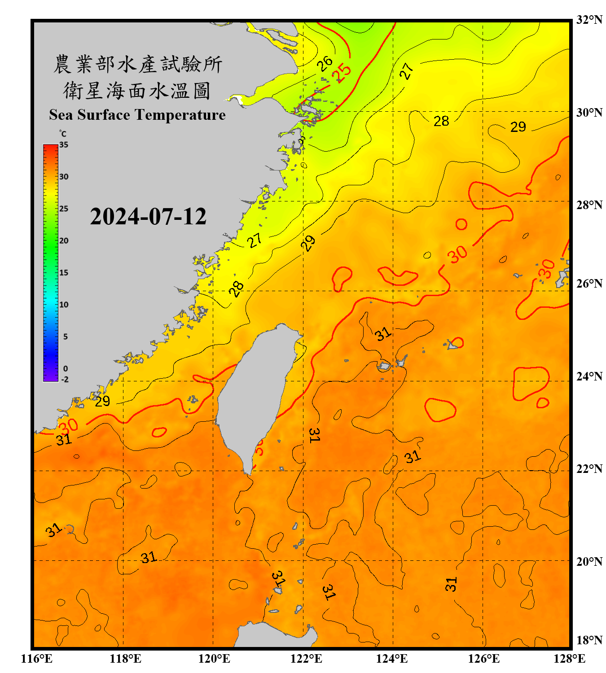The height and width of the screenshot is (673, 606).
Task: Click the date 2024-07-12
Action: pos(148,217)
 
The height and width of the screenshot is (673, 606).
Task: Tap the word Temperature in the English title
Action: pos(179,115)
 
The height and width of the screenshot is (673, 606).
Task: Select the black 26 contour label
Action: pos(324,63)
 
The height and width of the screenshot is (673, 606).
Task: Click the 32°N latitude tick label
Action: pos(589,20)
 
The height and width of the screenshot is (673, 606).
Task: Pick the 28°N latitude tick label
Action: pos(589,205)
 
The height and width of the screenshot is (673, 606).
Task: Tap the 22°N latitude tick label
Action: pos(589,469)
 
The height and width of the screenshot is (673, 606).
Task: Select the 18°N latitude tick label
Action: pos(589,640)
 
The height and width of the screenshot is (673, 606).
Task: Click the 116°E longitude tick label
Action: pos(37,659)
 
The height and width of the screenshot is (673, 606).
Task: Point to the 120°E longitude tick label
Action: pos(214,659)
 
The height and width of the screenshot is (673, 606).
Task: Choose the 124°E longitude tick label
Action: pos(392,659)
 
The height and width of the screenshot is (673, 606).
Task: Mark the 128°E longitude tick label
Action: pos(569,659)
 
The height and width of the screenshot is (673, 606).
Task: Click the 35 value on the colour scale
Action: pos(64,145)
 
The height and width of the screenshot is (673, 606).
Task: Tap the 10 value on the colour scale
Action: pos(64,305)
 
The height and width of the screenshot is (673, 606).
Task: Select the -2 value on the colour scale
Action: pos(65,379)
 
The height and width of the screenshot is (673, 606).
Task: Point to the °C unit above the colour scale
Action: pos(62,134)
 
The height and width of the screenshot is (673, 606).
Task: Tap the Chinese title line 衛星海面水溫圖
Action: pos(137,91)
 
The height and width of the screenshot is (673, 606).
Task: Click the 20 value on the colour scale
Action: pos(64,241)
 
